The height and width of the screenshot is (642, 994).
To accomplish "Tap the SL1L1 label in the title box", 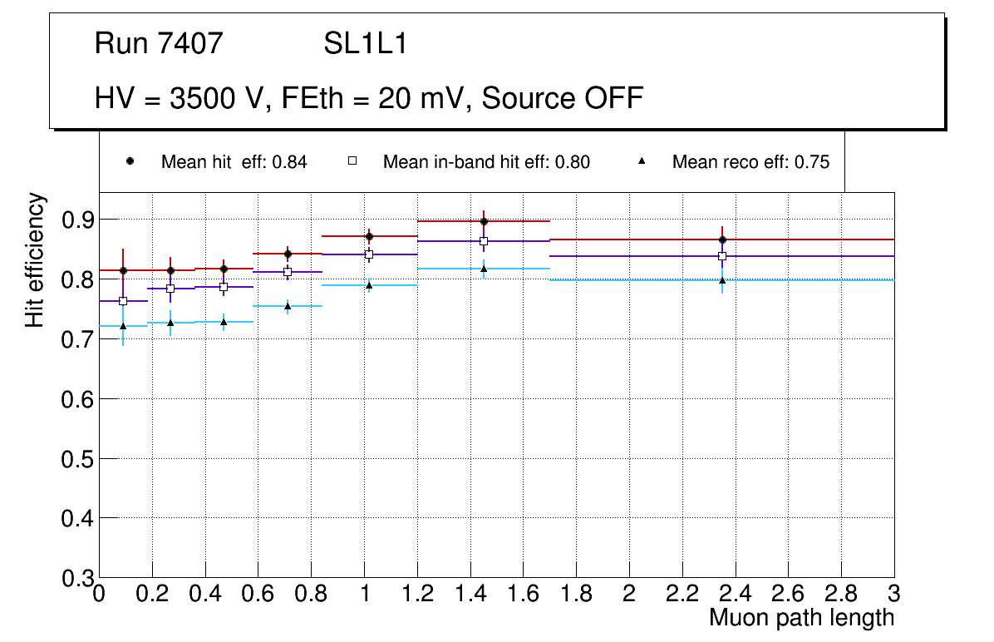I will coord(366,43).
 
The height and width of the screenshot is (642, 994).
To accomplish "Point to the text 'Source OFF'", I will coord(563,98).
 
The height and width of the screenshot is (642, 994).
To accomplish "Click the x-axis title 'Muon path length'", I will coord(801,618).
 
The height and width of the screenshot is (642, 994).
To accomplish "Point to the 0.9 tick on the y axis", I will coord(76,220).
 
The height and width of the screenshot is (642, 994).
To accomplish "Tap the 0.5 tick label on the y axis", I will coord(76,458).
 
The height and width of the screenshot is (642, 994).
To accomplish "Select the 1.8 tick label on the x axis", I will coord(577,594).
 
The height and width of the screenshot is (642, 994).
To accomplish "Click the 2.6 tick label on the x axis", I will coord(789,594).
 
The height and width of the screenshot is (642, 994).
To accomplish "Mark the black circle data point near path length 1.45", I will coord(484,221).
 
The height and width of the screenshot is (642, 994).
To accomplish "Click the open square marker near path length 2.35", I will coord(722,256).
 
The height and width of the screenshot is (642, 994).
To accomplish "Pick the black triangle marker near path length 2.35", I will coord(722,280).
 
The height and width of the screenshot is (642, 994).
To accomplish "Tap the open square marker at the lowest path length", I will coord(123,301).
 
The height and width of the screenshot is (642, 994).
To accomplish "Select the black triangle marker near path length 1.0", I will coord(369,285).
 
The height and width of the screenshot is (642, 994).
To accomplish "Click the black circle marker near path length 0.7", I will coord(288,254).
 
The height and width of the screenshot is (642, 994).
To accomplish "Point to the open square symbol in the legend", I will coord(352,161).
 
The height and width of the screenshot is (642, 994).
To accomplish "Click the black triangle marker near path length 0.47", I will coord(224,322).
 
